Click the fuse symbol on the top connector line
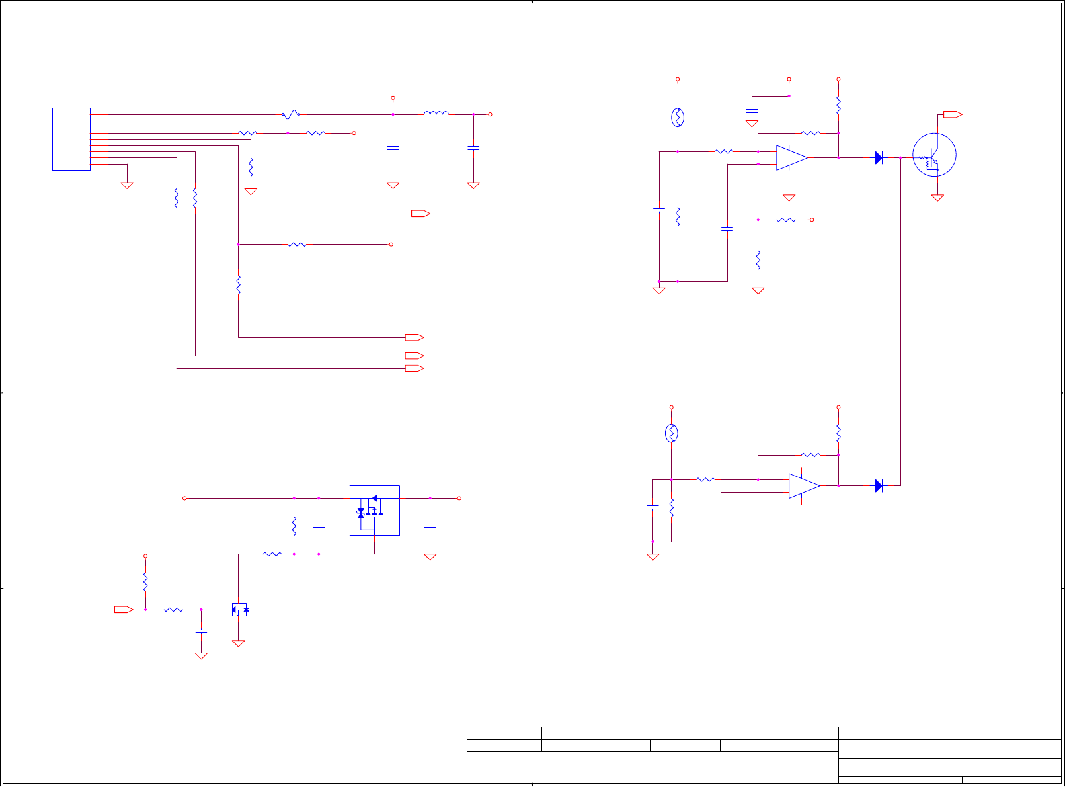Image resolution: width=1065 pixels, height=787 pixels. tap(291, 114)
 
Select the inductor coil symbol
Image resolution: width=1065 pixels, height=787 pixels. tap(436, 114)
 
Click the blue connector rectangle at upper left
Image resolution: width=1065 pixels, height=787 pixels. tap(71, 139)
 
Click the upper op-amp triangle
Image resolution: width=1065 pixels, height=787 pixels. tap(791, 158)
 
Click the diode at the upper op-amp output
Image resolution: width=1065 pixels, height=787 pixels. tap(879, 158)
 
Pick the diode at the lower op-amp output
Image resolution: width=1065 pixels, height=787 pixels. tap(879, 486)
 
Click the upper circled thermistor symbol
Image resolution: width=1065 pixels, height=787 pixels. tap(678, 118)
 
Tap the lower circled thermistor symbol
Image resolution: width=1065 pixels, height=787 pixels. tap(671, 433)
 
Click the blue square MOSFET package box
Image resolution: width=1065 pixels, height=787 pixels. tap(374, 511)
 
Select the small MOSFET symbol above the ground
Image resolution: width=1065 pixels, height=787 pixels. tap(239, 609)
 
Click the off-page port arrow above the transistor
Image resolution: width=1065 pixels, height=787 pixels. tap(952, 114)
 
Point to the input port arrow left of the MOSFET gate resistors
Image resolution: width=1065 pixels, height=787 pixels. tap(124, 610)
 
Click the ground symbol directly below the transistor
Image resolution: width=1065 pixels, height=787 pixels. tap(937, 197)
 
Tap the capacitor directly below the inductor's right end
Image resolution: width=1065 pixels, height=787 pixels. tap(473, 148)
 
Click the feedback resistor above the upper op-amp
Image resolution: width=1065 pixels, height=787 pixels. tap(810, 133)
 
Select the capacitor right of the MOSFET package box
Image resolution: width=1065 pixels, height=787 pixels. tap(430, 525)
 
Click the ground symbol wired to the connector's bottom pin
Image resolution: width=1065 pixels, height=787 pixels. tap(127, 186)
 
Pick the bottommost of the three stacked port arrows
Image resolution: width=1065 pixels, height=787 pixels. tap(414, 368)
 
